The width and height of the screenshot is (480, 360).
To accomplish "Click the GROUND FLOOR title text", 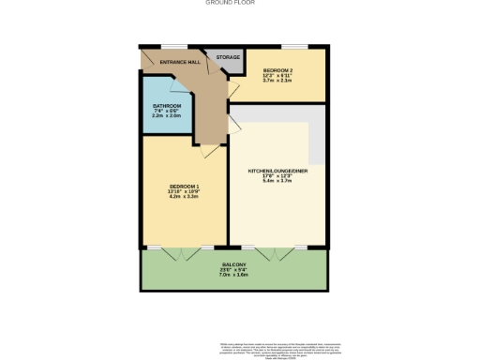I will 230,3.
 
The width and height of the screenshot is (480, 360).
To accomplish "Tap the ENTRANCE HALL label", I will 180,62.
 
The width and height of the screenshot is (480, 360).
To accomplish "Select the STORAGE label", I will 228,57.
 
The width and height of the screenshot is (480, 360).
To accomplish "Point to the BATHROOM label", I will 167,106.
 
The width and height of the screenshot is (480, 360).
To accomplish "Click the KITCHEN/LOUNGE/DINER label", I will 277,172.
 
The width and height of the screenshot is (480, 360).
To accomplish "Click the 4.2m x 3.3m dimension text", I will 183,197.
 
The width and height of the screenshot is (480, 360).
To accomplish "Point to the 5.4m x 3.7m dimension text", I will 277,182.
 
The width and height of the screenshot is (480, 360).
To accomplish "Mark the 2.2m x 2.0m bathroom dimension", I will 167,116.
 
